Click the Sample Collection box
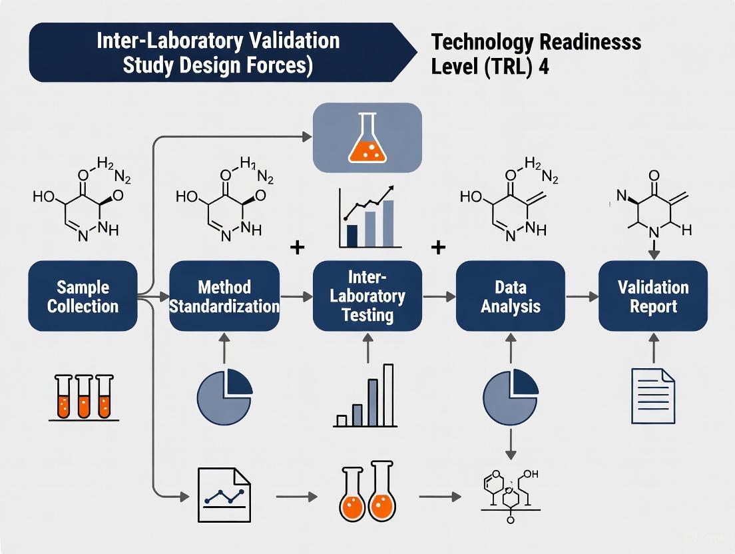(x=83, y=296)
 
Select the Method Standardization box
(x=224, y=296)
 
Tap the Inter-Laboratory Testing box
(x=367, y=296)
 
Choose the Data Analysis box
(x=510, y=296)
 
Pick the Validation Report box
(x=652, y=296)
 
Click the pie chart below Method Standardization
(x=224, y=397)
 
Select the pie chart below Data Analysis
(x=510, y=397)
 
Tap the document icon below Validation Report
(x=652, y=397)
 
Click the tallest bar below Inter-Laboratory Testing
(x=388, y=395)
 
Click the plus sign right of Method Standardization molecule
(x=298, y=248)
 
